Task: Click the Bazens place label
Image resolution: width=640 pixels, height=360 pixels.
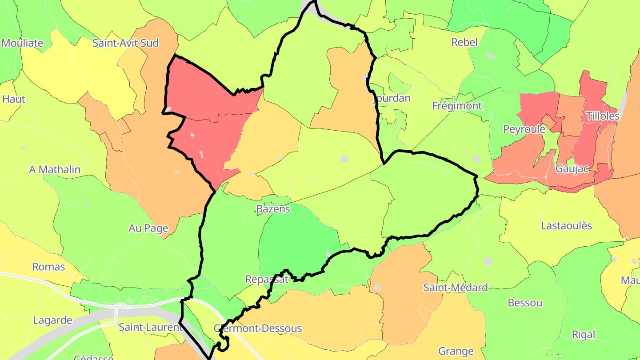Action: click(x=273, y=209)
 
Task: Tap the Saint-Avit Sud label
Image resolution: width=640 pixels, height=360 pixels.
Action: click(x=125, y=43)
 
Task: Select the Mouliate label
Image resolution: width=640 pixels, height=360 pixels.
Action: click(x=22, y=43)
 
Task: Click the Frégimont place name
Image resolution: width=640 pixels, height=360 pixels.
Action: click(x=457, y=106)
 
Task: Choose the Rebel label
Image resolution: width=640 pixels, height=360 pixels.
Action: click(x=464, y=42)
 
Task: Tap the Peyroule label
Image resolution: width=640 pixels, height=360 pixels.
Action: click(x=524, y=129)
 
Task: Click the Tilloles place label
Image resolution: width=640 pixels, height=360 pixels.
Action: click(x=602, y=116)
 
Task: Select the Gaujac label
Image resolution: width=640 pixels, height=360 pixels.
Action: click(x=572, y=169)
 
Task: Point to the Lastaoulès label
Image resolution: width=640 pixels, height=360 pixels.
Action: click(x=566, y=226)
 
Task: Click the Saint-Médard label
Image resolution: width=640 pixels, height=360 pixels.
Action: click(x=455, y=288)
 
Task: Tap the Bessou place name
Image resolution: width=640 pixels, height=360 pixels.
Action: click(x=525, y=303)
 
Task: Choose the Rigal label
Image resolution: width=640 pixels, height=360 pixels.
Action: click(x=584, y=335)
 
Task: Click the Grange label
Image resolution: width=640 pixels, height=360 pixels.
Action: click(x=456, y=352)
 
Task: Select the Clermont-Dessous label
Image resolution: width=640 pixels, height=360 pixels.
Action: click(x=258, y=328)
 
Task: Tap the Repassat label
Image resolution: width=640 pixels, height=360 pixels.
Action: click(x=267, y=280)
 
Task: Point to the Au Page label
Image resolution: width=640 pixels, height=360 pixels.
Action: click(x=148, y=228)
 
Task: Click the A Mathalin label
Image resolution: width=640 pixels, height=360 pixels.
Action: click(x=55, y=169)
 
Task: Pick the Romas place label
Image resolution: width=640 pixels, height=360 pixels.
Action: click(x=49, y=267)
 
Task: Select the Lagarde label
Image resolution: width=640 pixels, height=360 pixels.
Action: click(x=53, y=320)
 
